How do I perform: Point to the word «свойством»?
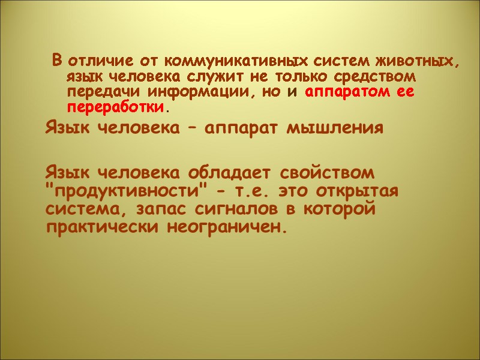click(327, 173)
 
